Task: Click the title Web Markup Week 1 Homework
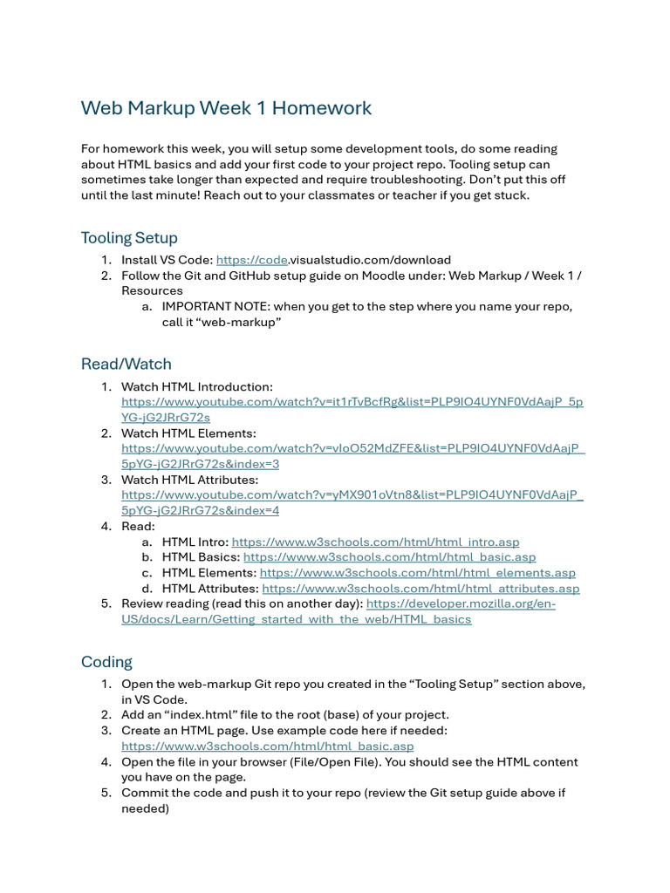pyautogui.click(x=226, y=108)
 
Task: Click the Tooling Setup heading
pyautogui.click(x=129, y=238)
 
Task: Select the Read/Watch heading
pyautogui.click(x=126, y=365)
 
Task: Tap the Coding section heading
pyautogui.click(x=106, y=662)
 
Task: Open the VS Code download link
pyautogui.click(x=252, y=260)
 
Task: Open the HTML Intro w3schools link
pyautogui.click(x=375, y=542)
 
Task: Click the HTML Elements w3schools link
pyautogui.click(x=417, y=573)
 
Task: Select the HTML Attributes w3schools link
pyautogui.click(x=420, y=589)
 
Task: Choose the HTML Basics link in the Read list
pyautogui.click(x=389, y=557)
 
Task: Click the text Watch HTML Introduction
pyautogui.click(x=197, y=386)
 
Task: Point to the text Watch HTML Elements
pyautogui.click(x=188, y=433)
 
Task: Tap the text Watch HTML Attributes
pyautogui.click(x=190, y=480)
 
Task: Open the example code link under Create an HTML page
pyautogui.click(x=267, y=746)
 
